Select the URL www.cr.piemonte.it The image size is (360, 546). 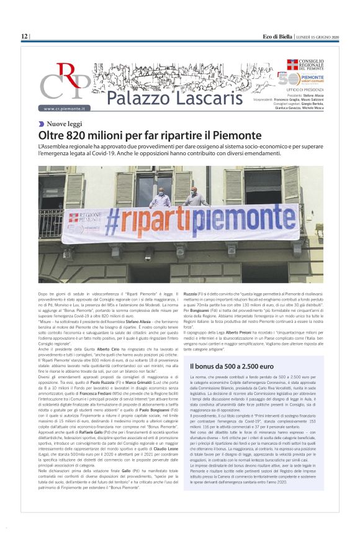[x=67, y=108]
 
